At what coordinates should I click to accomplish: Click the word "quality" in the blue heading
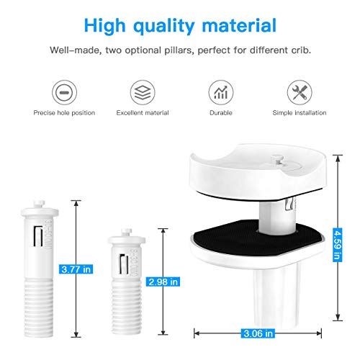tap(163, 26)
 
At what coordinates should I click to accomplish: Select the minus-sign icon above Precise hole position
tap(64, 92)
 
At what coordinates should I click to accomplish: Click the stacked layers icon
tap(143, 92)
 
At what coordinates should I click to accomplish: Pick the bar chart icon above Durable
tap(221, 92)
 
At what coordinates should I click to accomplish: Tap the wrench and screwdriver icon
tap(300, 92)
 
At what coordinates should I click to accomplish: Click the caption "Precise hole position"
tap(64, 113)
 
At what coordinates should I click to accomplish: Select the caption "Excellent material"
tap(143, 113)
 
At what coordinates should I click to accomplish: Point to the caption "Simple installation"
tap(300, 113)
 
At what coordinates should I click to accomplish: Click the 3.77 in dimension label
tap(76, 269)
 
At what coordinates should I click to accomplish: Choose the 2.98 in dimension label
tap(163, 282)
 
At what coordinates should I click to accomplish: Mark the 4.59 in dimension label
tap(338, 245)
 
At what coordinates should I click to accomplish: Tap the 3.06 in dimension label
tap(258, 333)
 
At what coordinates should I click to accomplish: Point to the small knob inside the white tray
tap(277, 161)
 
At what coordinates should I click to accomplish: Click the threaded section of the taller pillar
tap(39, 307)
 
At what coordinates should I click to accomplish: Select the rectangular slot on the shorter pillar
tap(124, 264)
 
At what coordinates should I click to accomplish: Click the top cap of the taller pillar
tap(40, 210)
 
